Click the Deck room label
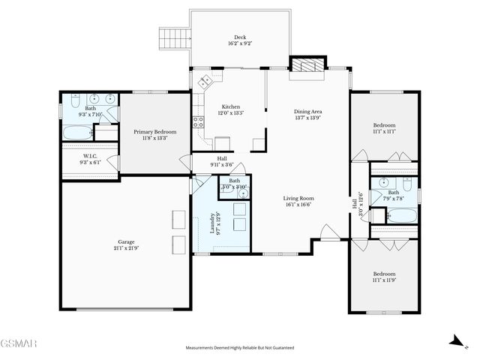click(x=239, y=37)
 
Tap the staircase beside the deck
click(x=172, y=37)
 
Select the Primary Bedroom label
click(x=154, y=132)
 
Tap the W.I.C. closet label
click(x=90, y=156)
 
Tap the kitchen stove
click(x=199, y=121)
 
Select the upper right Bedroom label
click(x=384, y=125)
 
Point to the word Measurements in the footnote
click(x=203, y=348)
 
